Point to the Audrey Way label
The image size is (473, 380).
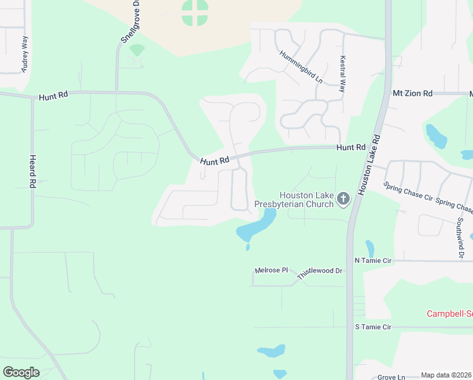pyautogui.click(x=25, y=54)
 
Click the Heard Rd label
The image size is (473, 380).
pyautogui.click(x=32, y=172)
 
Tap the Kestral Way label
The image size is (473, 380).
pyautogui.click(x=342, y=74)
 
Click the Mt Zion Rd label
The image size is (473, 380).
pyautogui.click(x=412, y=93)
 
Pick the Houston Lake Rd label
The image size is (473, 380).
pyautogui.click(x=367, y=165)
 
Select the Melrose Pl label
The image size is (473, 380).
pyautogui.click(x=271, y=270)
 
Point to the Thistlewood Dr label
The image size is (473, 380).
pyautogui.click(x=320, y=270)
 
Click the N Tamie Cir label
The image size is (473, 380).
pyautogui.click(x=374, y=260)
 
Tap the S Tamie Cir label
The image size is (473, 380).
pyautogui.click(x=374, y=327)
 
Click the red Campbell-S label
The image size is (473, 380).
pyautogui.click(x=450, y=313)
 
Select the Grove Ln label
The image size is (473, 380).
pyautogui.click(x=391, y=377)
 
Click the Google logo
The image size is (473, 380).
pyautogui.click(x=21, y=372)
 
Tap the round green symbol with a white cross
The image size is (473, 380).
pyautogui.click(x=195, y=13)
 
